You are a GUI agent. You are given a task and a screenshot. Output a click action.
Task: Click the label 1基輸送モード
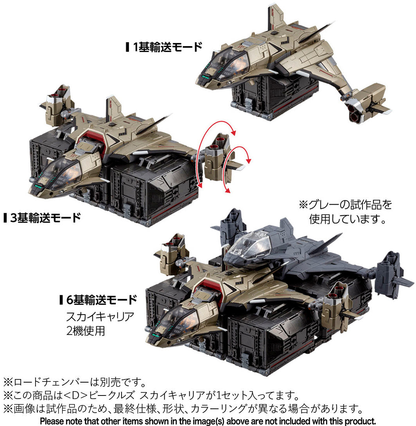(x=164, y=47)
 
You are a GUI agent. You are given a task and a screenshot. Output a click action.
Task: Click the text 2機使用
(x=85, y=331)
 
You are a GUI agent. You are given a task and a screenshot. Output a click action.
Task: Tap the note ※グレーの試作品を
(x=345, y=205)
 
